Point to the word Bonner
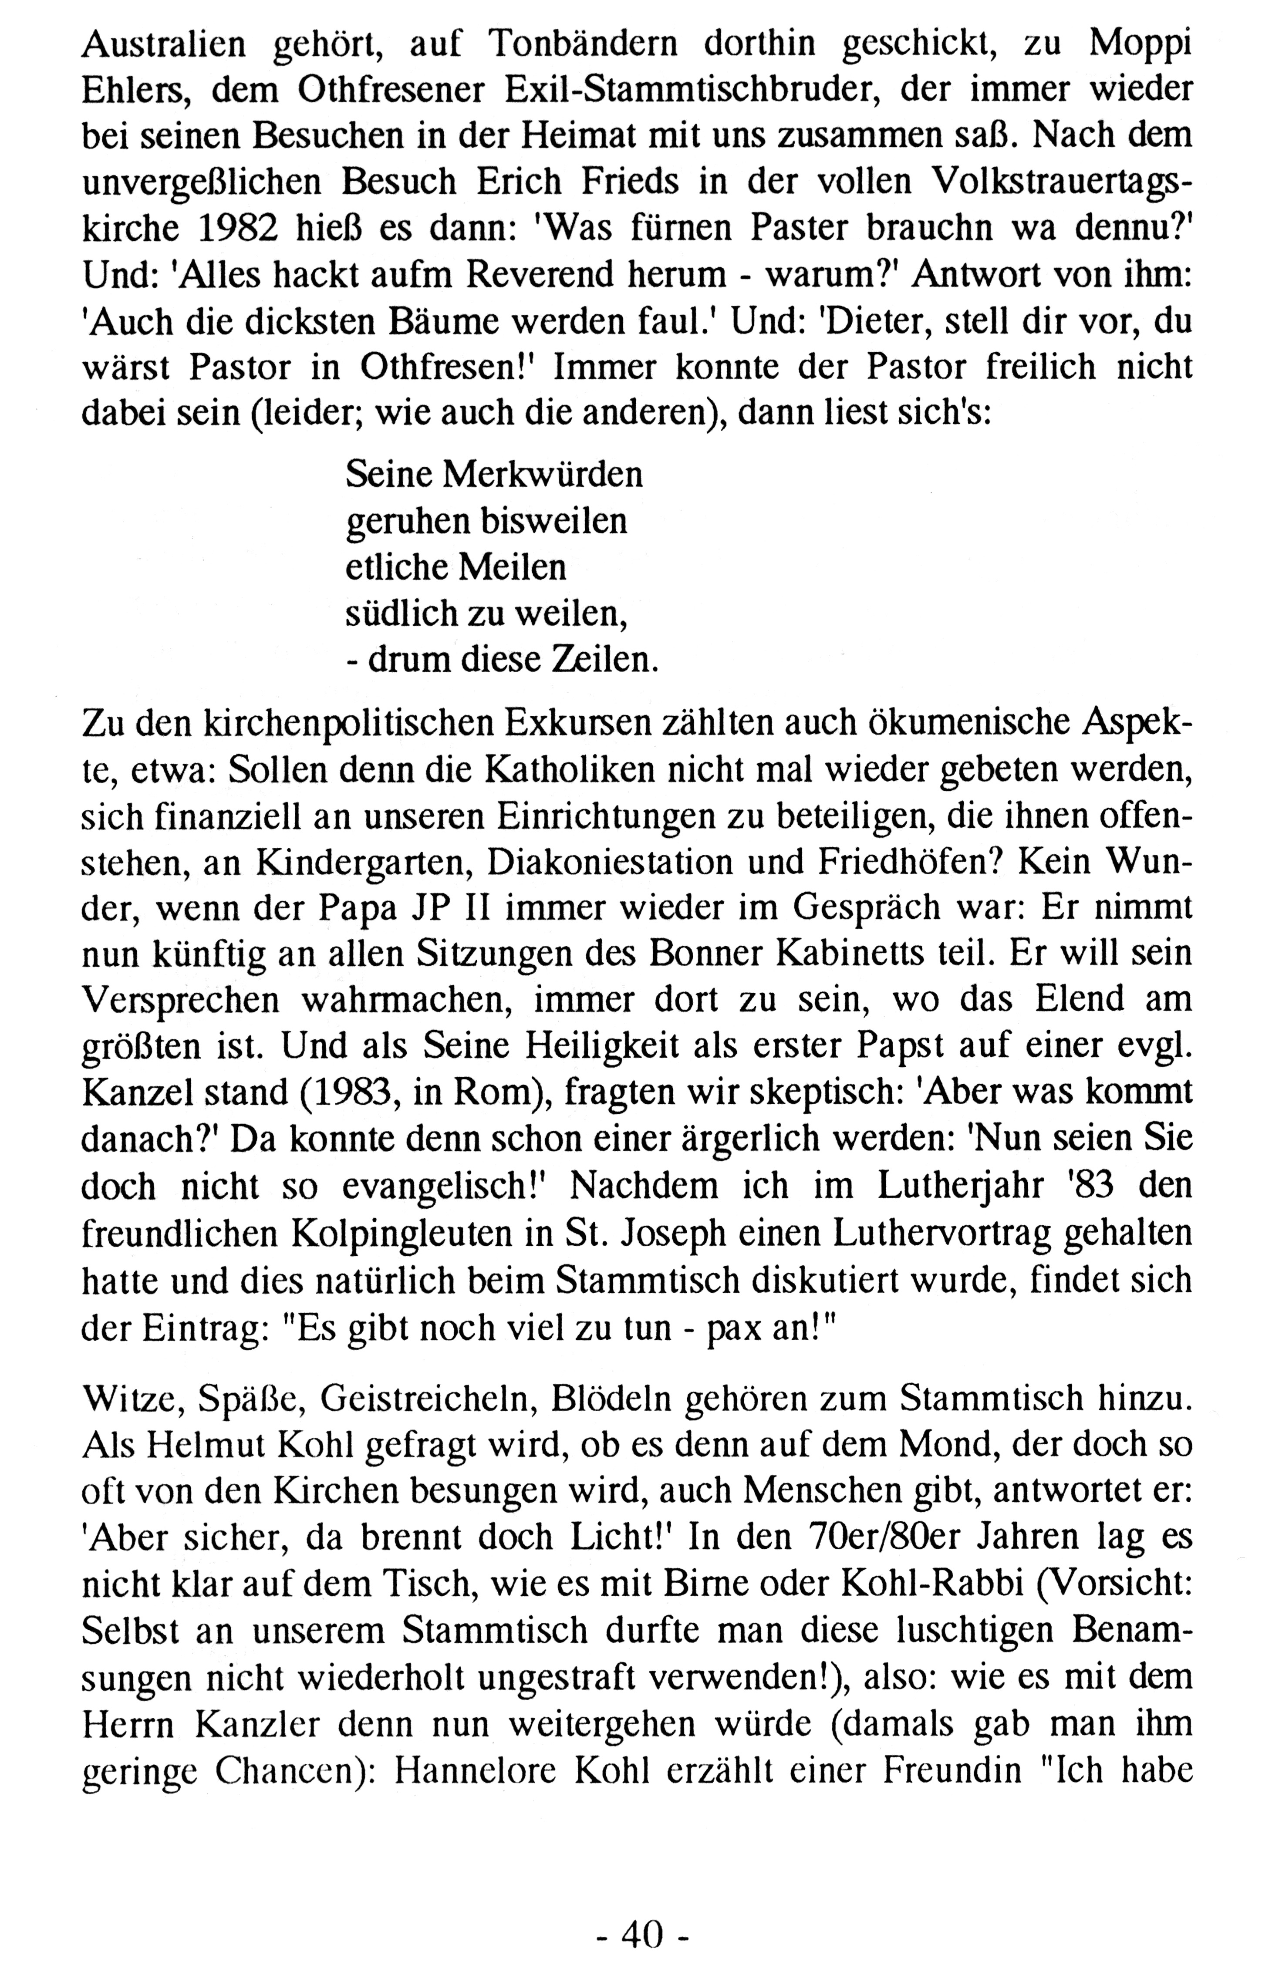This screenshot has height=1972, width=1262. click(x=715, y=954)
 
